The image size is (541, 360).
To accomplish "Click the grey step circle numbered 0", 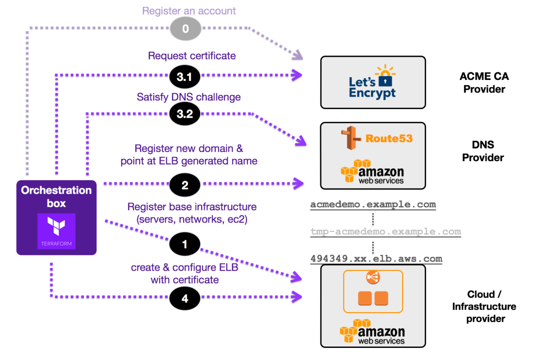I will (x=185, y=29).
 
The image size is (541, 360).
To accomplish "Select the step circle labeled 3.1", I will (x=184, y=77).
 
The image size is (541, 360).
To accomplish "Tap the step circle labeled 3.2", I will (x=184, y=114).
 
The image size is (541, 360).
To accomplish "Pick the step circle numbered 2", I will (x=184, y=185).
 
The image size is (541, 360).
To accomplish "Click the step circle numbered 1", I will (x=184, y=244).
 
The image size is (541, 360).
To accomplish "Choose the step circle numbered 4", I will (x=184, y=299).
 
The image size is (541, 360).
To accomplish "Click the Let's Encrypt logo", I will (x=372, y=83).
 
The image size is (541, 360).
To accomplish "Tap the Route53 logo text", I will (x=389, y=138).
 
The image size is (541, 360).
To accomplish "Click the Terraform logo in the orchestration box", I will (x=56, y=231).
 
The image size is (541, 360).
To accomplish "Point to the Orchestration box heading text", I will (x=56, y=196).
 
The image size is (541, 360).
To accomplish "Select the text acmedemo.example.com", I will (x=373, y=204).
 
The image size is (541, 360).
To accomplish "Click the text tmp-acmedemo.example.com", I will (x=385, y=231).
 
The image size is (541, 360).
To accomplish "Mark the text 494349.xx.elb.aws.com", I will (x=376, y=259).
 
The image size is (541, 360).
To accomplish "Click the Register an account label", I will (x=189, y=11).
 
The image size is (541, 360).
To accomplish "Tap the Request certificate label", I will (x=192, y=56).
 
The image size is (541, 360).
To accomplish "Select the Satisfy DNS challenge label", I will (x=188, y=97).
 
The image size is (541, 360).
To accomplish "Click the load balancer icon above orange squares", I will (x=372, y=277).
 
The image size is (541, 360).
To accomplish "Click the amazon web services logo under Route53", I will (x=372, y=171).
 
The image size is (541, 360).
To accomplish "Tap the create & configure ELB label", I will (x=184, y=273).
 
